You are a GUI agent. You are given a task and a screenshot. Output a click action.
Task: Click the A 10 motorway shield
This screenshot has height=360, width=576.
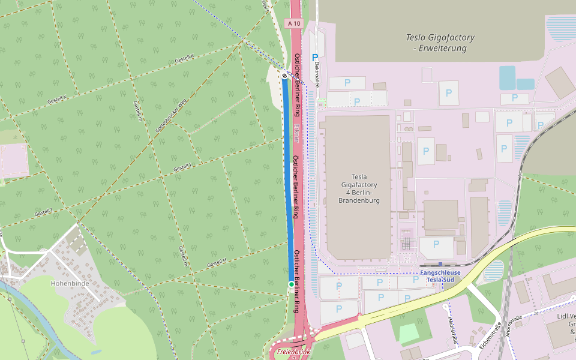(294, 23)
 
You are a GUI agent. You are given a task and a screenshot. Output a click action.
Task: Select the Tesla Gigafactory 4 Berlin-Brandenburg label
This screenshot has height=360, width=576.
(359, 188)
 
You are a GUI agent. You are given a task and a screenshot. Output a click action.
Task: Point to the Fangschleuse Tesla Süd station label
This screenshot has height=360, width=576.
(440, 276)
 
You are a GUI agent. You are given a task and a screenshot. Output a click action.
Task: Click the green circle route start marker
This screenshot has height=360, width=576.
(291, 284)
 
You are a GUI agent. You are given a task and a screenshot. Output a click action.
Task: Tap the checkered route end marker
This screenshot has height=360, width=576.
(284, 76)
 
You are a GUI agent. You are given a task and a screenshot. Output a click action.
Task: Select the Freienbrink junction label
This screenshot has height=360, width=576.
(293, 351)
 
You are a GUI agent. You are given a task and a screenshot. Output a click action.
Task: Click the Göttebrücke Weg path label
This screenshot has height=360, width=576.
(172, 115)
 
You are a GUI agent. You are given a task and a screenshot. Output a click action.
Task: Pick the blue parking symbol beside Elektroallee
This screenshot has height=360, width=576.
(314, 58)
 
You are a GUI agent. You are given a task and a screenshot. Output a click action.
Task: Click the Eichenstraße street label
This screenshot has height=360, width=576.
(490, 335)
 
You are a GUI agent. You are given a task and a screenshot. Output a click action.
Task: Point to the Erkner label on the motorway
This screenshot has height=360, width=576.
(297, 133)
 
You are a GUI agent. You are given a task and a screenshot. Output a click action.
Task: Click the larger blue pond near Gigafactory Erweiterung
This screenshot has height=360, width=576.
(507, 77)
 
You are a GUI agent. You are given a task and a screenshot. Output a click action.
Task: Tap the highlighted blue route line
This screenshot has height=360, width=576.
(289, 180)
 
